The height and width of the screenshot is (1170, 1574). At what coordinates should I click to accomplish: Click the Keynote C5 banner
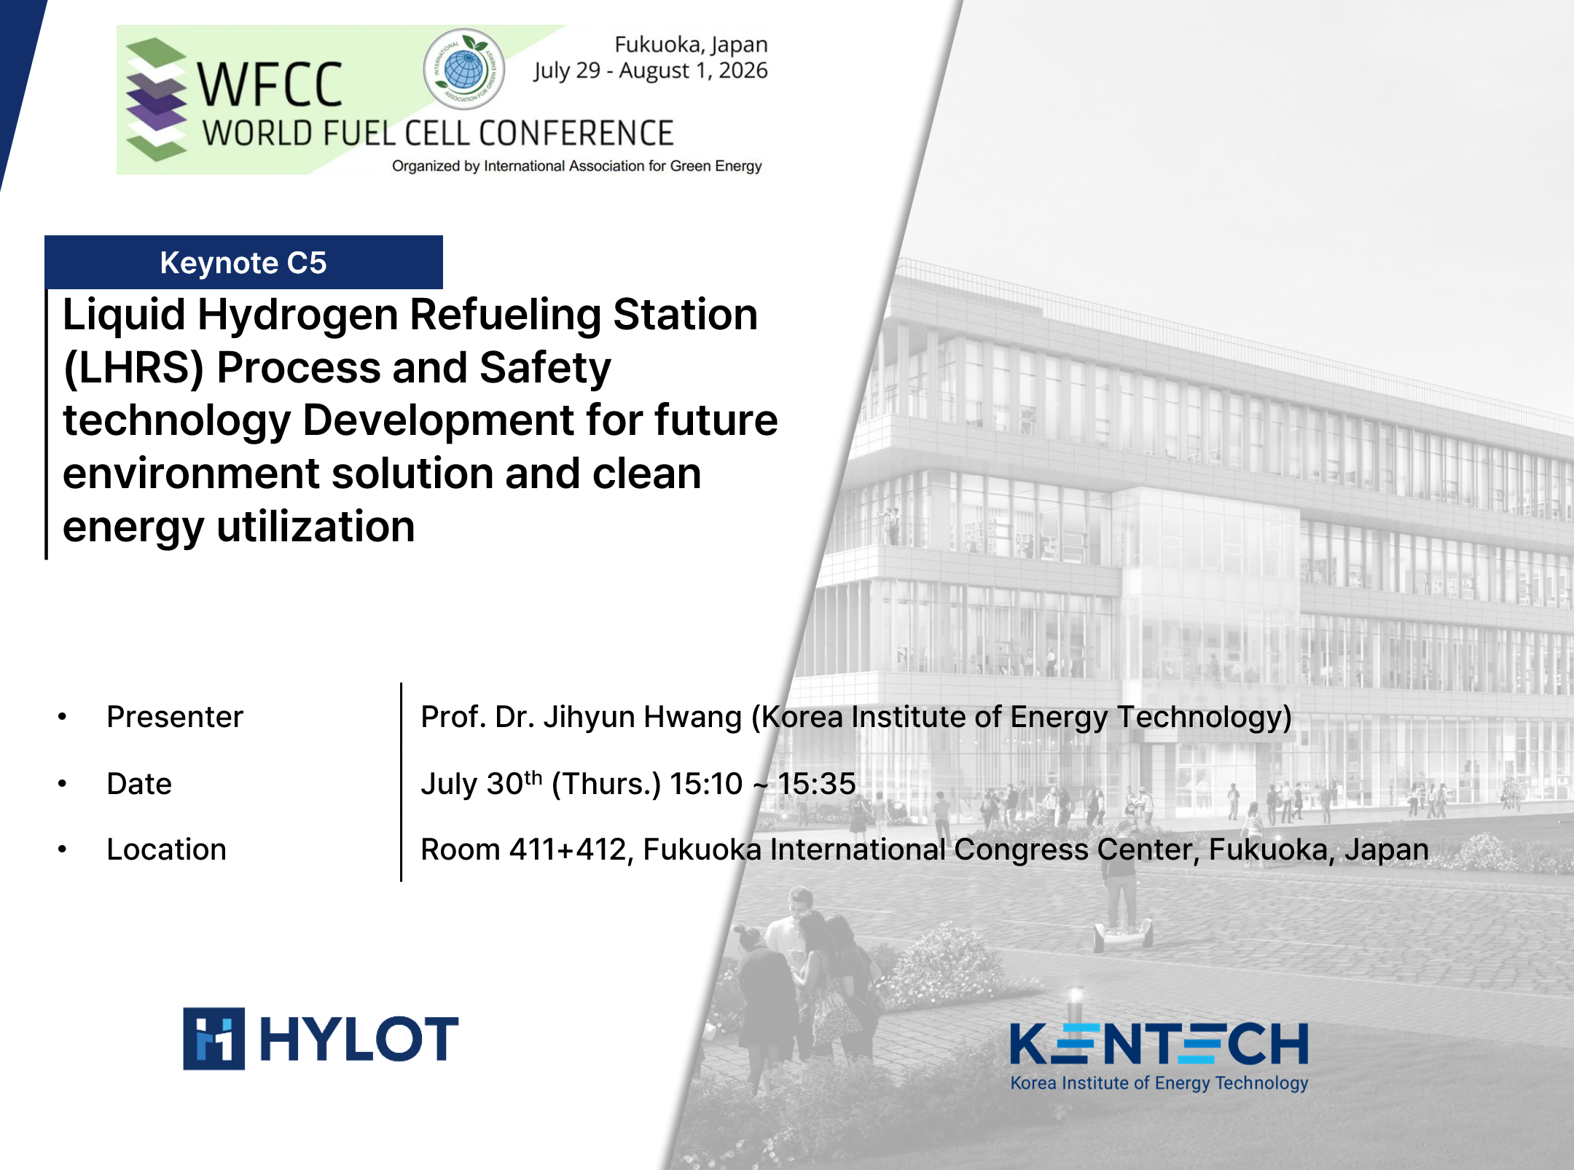(243, 262)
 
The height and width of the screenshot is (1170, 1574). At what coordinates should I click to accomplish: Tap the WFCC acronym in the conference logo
(270, 85)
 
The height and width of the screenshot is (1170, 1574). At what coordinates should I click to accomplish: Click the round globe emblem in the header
(464, 68)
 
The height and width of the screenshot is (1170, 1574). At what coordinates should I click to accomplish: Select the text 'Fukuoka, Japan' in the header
(691, 44)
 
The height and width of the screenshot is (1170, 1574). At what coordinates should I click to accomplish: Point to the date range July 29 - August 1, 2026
(650, 71)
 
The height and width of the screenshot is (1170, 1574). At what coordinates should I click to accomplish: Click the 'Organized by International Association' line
(576, 166)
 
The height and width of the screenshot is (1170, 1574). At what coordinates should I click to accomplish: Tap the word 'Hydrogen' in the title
(297, 315)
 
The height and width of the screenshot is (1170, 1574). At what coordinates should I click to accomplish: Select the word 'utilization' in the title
(316, 526)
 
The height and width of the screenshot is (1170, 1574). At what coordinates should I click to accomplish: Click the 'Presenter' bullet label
(175, 717)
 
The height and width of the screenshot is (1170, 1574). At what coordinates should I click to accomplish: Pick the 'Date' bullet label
(139, 784)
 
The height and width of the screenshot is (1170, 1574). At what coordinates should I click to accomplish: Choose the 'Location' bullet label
(166, 849)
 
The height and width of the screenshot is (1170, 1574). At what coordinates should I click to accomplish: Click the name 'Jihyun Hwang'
(643, 718)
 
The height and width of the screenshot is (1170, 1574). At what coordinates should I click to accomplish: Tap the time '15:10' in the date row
(706, 784)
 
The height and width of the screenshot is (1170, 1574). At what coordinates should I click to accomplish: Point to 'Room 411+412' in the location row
(523, 849)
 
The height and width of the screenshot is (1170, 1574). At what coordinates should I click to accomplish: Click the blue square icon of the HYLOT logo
(214, 1039)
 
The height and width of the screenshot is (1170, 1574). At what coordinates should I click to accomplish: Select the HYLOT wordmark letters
(359, 1039)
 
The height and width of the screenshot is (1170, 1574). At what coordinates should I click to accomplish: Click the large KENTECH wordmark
(1159, 1043)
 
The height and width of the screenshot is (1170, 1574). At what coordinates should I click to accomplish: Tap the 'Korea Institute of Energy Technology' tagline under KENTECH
(1159, 1083)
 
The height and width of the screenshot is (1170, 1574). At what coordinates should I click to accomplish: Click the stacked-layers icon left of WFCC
(156, 99)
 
